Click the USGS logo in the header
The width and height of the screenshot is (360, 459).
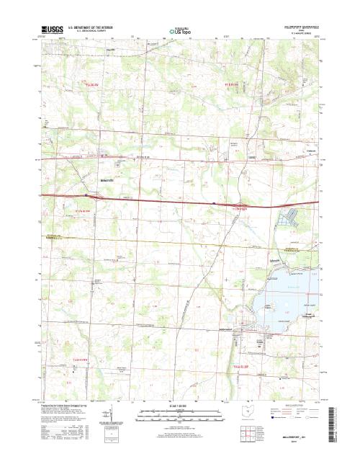(x=53, y=30)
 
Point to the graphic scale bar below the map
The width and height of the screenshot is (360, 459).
(x=179, y=414)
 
